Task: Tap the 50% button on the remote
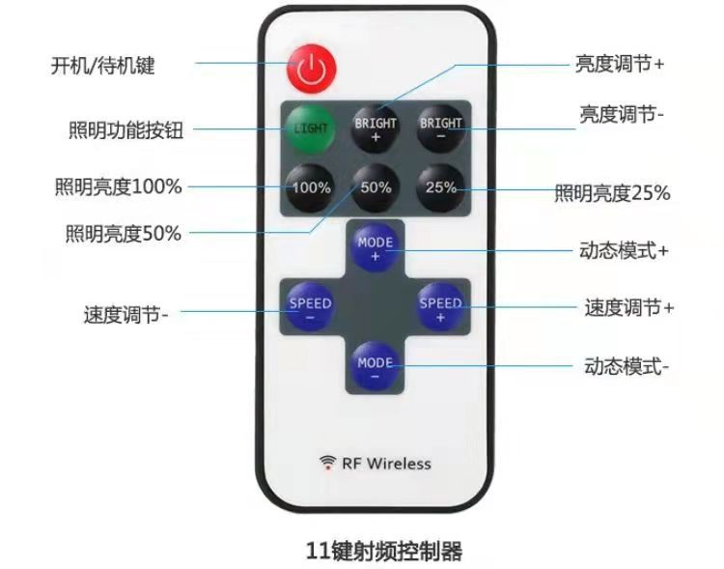pos(376,187)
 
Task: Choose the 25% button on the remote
pos(441,187)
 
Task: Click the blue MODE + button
pos(376,247)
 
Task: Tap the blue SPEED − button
pos(310,307)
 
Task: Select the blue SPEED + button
pos(441,307)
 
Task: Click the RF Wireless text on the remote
pos(386,464)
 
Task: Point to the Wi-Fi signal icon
pos(328,463)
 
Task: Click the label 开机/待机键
pos(103,66)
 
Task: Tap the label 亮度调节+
pos(619,64)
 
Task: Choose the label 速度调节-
pos(126,314)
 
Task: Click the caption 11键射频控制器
pos(383,550)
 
